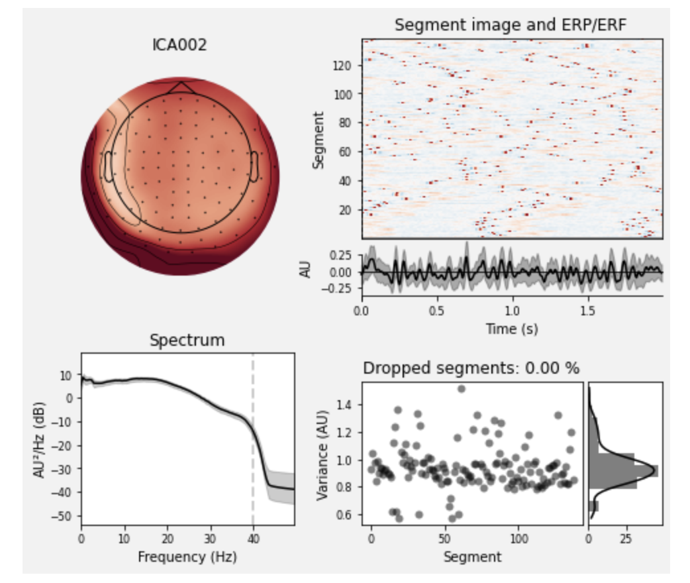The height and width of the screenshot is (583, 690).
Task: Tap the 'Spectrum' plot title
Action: pos(187,341)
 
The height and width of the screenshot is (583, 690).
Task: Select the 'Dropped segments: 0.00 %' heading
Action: pos(471,368)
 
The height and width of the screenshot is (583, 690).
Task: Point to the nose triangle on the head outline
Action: pos(180,87)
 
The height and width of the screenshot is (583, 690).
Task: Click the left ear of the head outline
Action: pos(108,166)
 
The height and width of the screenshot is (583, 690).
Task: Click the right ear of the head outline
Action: pos(254,166)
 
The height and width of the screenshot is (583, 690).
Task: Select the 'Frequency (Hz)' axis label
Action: pos(187,556)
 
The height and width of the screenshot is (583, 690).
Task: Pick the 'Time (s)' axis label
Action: pos(512,328)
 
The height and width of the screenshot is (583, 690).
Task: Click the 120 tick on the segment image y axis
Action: pos(347,65)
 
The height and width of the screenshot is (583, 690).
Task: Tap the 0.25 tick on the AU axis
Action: pos(341,256)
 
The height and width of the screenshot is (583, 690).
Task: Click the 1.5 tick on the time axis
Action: pos(587,309)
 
